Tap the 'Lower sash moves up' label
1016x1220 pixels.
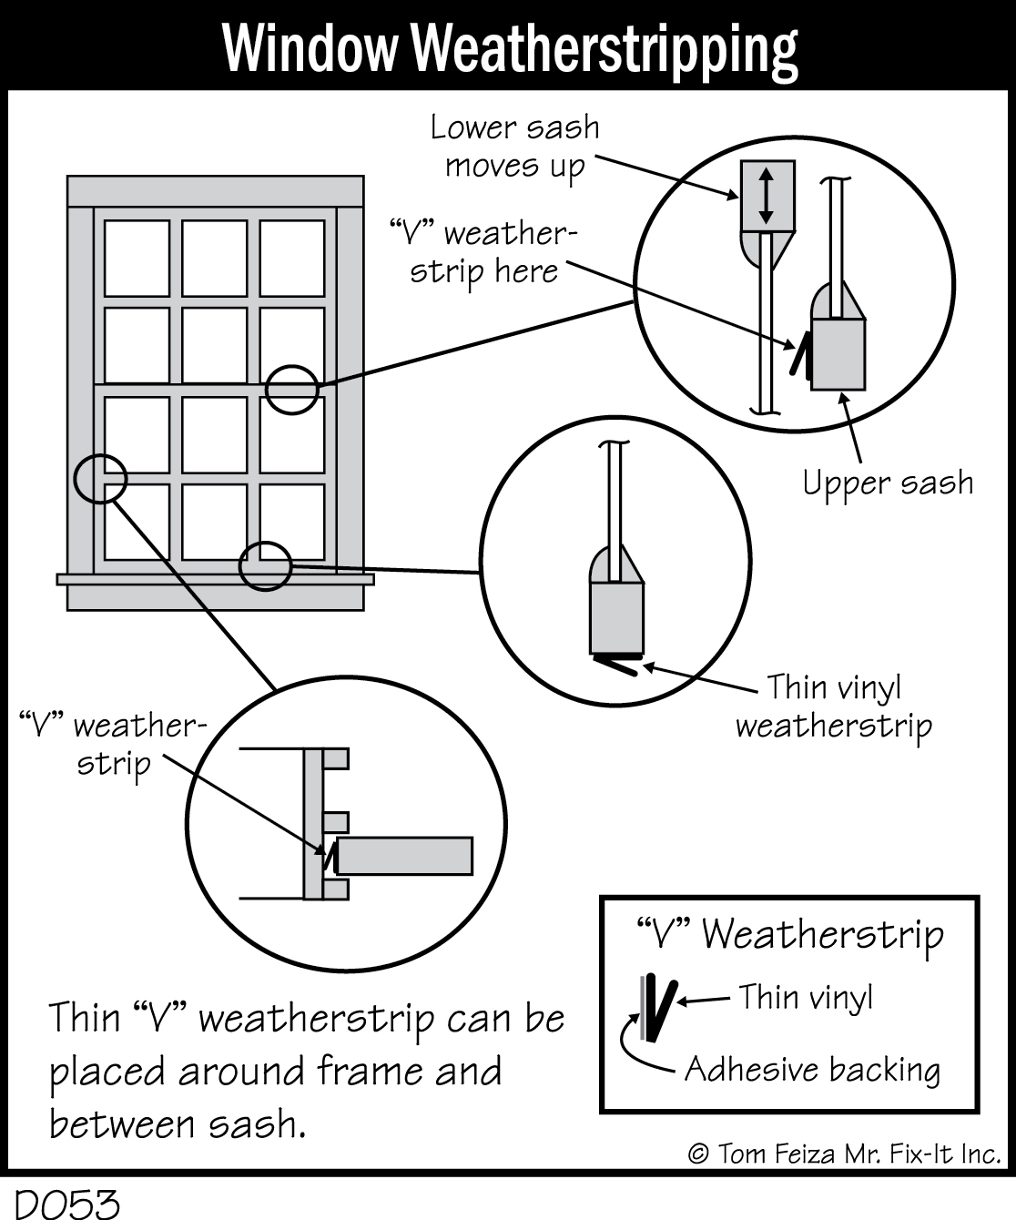[x=515, y=147]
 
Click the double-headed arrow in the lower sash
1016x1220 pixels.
[x=766, y=195]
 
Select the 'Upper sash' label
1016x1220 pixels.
[x=888, y=483]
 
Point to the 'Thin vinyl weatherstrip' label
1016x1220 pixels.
[x=834, y=707]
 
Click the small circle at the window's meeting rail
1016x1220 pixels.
[x=291, y=390]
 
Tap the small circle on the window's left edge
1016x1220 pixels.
[x=99, y=478]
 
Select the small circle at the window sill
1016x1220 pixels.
[x=265, y=565]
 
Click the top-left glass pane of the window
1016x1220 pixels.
[x=137, y=258]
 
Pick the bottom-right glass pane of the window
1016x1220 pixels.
[x=292, y=522]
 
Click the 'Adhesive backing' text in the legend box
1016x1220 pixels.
[x=812, y=1069]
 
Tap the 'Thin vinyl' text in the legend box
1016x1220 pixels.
[x=805, y=998]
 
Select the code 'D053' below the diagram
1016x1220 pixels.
[x=68, y=1204]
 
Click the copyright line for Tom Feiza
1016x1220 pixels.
[x=844, y=1154]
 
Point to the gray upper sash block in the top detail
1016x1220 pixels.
[x=838, y=353]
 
